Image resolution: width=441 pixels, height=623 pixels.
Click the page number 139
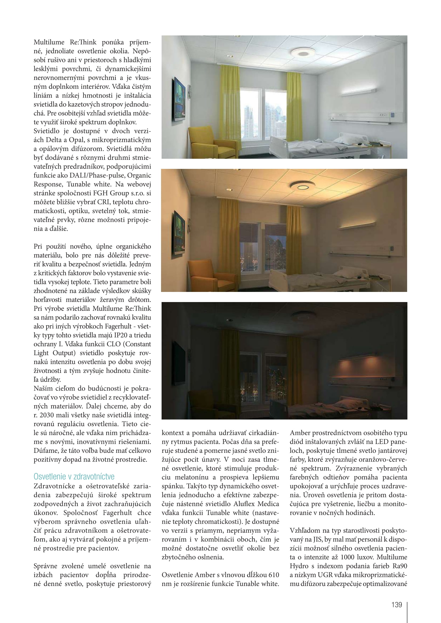[x=396, y=605]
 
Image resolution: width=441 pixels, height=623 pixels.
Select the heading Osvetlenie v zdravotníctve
[x=74, y=477]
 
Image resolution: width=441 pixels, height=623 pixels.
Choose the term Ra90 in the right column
[x=399, y=566]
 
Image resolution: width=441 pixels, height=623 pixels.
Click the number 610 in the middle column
[x=274, y=575]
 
